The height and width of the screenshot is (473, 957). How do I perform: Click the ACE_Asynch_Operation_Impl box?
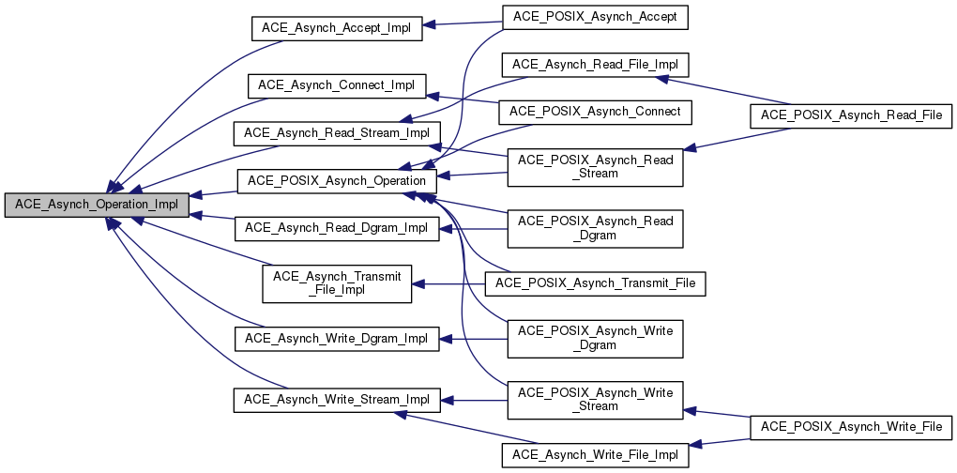coord(97,204)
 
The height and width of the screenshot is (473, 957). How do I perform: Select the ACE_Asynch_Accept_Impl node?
coord(337,28)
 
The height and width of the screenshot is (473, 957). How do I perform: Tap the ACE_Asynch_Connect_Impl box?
coord(336,85)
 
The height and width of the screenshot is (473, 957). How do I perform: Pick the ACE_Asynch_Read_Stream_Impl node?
coord(336,133)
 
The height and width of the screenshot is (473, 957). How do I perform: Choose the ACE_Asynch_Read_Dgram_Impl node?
coord(336,228)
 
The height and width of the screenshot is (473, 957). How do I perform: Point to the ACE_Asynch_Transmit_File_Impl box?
coord(336,283)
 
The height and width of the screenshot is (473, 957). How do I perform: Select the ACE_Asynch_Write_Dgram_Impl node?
coord(336,339)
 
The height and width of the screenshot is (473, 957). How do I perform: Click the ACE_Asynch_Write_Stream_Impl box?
coord(336,400)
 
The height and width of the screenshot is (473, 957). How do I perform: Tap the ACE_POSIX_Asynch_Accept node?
coord(596,17)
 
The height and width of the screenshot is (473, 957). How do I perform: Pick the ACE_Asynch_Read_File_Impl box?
coord(596,65)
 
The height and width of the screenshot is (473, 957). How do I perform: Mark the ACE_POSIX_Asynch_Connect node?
coord(596,112)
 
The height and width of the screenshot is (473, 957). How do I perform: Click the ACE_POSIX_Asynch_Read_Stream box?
coord(596,167)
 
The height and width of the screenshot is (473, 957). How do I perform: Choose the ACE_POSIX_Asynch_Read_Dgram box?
coord(596,228)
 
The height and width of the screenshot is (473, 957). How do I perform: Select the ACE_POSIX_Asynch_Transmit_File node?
coord(596,283)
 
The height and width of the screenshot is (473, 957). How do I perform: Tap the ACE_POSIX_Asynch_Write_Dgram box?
coord(596,339)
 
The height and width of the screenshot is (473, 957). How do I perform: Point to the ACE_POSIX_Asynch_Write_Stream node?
coord(596,400)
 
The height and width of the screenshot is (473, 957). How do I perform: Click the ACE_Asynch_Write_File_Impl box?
coord(596,455)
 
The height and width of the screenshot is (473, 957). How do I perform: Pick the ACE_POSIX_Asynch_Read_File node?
coord(851,114)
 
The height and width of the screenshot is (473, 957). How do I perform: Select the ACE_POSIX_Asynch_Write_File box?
coord(851,427)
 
